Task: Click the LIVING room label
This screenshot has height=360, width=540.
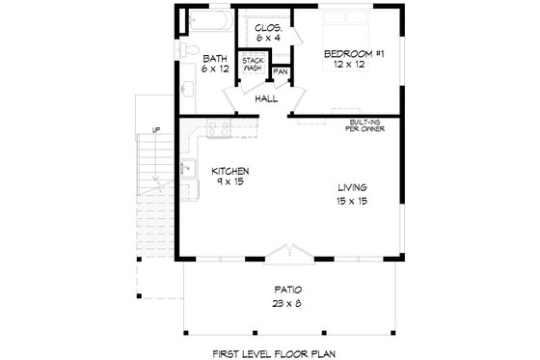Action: [352, 187]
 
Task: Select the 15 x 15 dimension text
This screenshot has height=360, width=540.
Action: [352, 201]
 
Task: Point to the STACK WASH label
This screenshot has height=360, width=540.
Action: [254, 64]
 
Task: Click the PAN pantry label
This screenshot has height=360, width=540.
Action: [281, 71]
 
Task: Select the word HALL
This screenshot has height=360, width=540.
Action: [266, 98]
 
